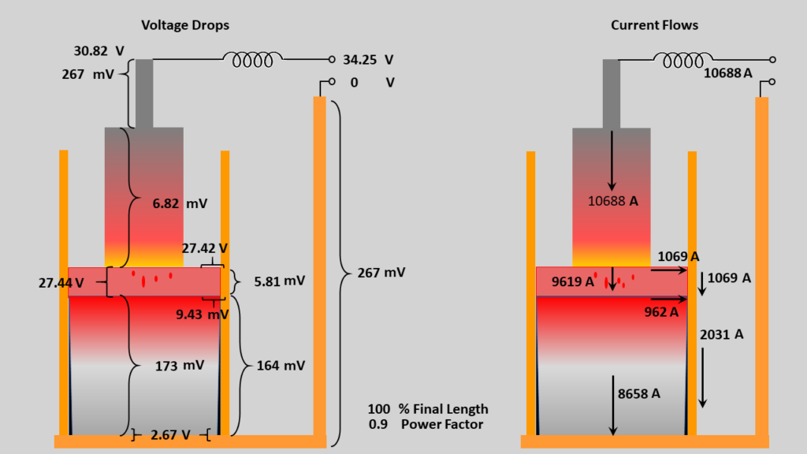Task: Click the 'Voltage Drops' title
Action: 185,25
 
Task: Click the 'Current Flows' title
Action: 654,25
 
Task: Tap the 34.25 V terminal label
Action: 367,59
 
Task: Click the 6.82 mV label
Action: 180,203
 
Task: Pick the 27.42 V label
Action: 205,247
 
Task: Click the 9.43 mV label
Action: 202,314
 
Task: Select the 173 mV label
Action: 179,365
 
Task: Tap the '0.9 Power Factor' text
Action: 426,424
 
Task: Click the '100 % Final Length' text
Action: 428,409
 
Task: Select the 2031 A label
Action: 721,334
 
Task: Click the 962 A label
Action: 661,311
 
